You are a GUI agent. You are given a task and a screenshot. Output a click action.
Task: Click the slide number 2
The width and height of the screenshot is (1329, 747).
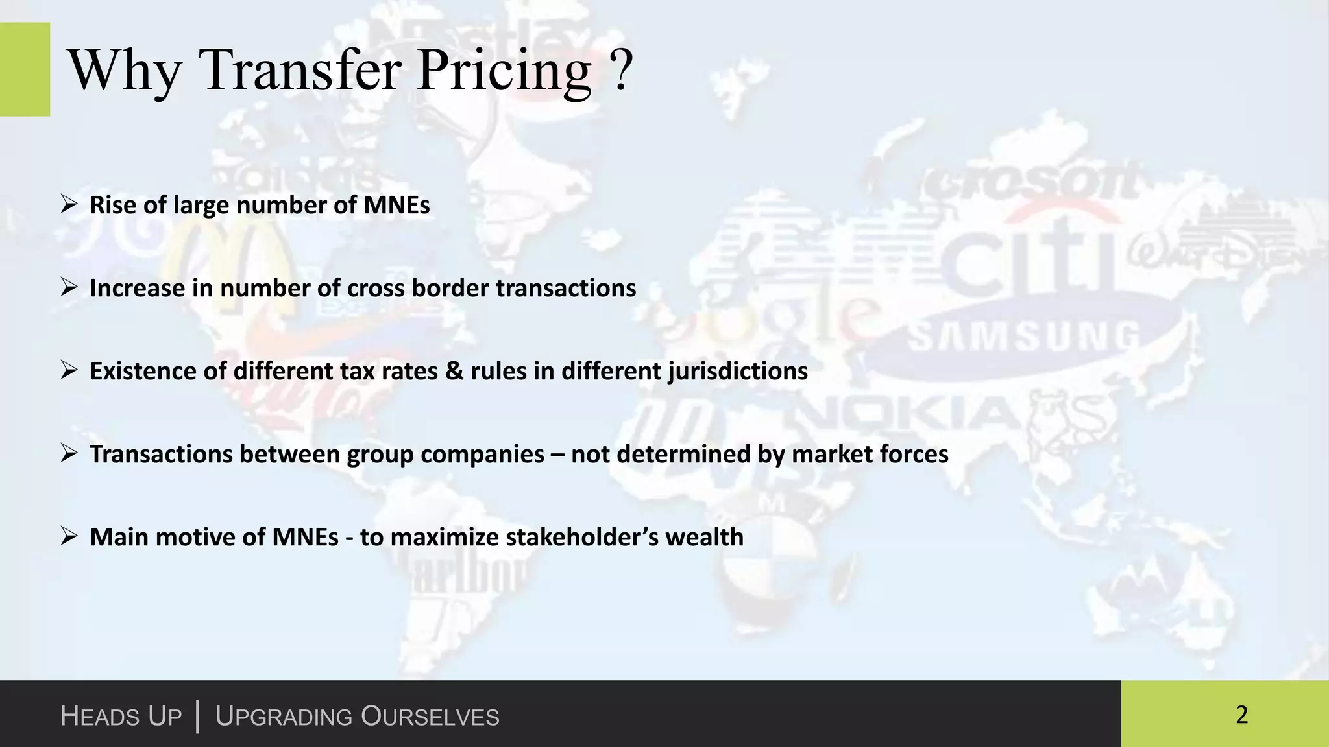click(1241, 715)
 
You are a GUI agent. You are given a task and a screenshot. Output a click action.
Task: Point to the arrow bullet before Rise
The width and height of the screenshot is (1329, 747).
click(69, 205)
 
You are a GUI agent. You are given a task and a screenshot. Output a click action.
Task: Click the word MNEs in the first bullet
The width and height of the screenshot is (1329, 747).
click(396, 205)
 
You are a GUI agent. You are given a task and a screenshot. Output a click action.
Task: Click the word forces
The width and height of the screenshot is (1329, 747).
click(914, 454)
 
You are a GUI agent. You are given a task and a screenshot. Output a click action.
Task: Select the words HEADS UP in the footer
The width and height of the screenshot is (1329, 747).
click(121, 717)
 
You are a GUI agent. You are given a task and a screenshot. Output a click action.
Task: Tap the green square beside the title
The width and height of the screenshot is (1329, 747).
click(25, 69)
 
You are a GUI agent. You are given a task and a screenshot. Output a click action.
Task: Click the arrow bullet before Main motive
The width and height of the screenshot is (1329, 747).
click(69, 537)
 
